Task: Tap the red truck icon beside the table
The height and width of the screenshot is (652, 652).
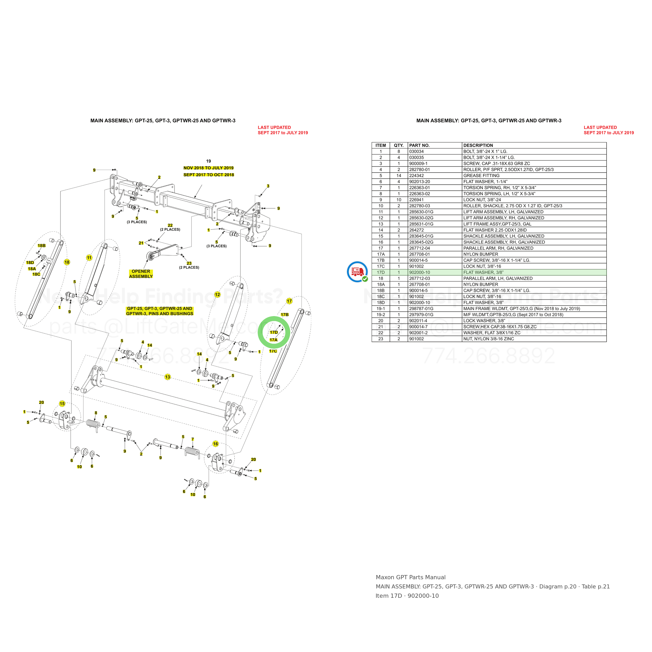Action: (357, 272)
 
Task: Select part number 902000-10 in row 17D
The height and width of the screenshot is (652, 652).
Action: (419, 272)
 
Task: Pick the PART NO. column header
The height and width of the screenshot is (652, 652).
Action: (419, 146)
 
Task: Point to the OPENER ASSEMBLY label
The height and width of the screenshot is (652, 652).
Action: (141, 274)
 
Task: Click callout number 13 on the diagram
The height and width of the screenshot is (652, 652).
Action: (168, 377)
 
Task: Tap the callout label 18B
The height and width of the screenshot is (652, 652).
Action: (41, 246)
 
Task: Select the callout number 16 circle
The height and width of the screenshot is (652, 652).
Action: (215, 444)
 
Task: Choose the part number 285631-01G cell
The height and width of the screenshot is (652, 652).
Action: (421, 224)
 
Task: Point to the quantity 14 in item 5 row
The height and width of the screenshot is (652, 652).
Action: (399, 176)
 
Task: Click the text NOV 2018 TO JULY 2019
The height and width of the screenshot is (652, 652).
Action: (209, 168)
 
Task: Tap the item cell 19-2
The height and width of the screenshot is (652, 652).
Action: (381, 315)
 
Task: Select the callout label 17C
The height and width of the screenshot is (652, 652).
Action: (273, 351)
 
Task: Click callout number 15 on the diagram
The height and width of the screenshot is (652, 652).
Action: (62, 404)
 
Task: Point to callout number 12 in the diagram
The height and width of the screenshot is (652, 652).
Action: (217, 295)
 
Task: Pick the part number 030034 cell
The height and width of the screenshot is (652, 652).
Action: (416, 152)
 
